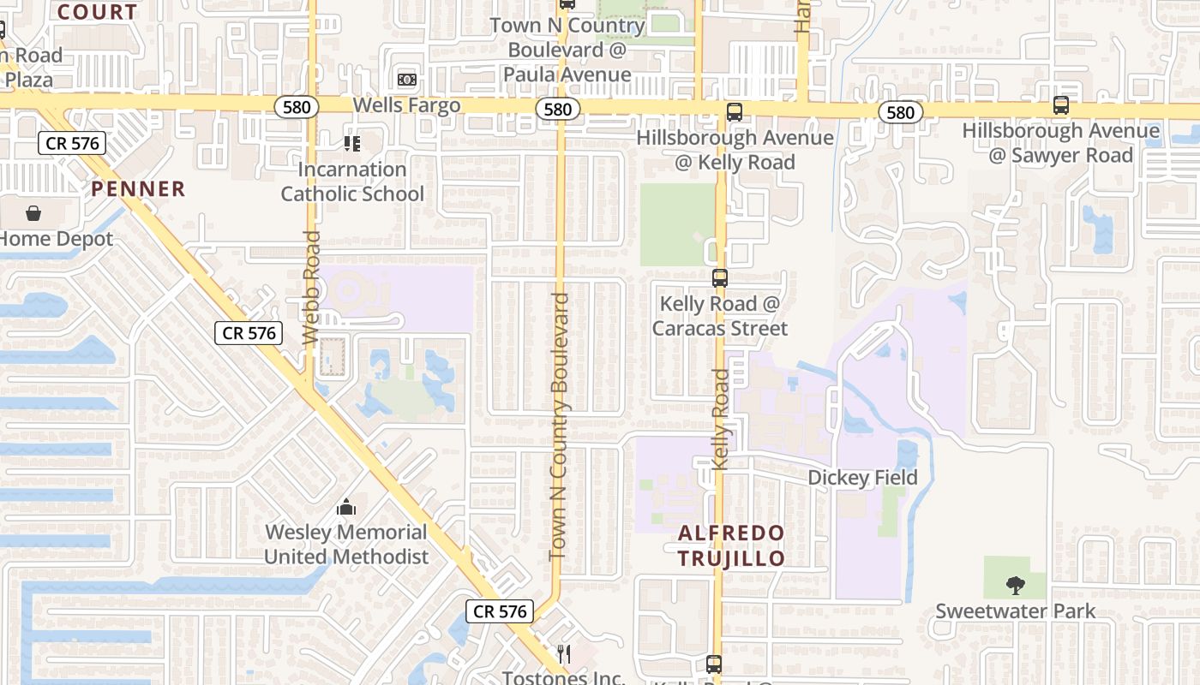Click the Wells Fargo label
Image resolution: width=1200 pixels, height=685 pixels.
(407, 105)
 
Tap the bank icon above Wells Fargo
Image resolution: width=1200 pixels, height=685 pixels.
(406, 80)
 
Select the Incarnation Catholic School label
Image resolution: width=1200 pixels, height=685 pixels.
(352, 182)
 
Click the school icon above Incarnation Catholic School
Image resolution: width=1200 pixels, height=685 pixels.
(351, 143)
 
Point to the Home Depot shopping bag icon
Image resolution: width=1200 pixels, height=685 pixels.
(33, 212)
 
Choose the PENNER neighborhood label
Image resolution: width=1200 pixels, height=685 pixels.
(138, 189)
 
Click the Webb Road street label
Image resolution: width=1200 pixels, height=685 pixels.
(312, 288)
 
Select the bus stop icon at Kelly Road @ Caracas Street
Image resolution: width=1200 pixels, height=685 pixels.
(719, 277)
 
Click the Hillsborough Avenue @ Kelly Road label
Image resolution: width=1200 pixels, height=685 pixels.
(735, 150)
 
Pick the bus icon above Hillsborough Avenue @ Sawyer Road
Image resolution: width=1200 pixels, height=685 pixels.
(1060, 105)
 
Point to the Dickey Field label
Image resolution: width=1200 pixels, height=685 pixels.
(862, 478)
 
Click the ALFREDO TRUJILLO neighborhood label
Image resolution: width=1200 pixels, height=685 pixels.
(731, 545)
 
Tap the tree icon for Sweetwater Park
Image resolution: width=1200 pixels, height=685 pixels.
(1016, 586)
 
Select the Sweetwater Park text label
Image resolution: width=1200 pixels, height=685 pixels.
(1016, 611)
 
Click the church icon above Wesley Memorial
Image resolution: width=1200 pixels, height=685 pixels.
(346, 508)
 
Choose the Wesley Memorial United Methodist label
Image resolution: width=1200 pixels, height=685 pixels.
(346, 545)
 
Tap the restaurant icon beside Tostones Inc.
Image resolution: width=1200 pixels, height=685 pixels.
(563, 654)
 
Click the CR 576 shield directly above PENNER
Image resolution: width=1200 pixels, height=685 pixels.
(72, 143)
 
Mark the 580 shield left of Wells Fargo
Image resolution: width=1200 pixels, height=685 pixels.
(297, 107)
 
